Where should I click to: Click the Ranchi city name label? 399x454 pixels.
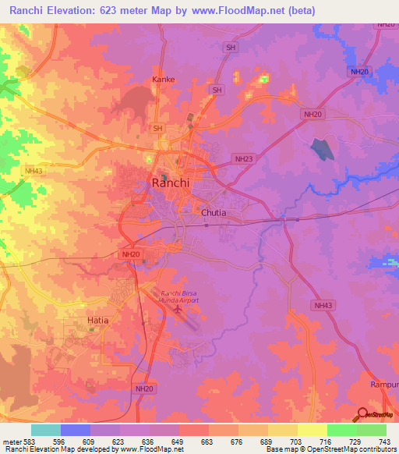169,185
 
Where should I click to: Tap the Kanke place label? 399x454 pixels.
163,80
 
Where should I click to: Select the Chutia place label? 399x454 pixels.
214,212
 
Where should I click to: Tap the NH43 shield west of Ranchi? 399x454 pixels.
34,171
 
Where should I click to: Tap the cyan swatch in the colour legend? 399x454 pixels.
46,430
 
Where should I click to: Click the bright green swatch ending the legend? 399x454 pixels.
372,430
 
